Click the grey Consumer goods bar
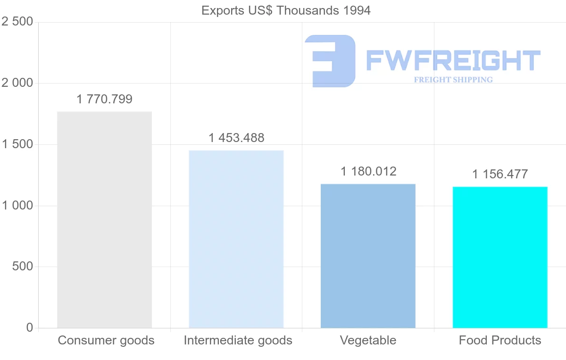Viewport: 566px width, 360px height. click(x=104, y=219)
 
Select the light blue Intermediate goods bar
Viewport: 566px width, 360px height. click(x=236, y=239)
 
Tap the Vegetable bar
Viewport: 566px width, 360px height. click(x=368, y=256)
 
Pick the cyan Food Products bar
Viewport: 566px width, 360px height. click(x=500, y=257)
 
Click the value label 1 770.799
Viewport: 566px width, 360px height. click(x=104, y=100)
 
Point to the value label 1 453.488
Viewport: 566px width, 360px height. click(x=236, y=138)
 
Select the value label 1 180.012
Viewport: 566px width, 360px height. click(x=368, y=171)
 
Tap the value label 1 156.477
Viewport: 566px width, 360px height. click(x=500, y=174)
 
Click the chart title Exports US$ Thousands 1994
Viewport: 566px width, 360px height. click(x=286, y=10)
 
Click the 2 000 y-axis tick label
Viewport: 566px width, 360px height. click(x=17, y=83)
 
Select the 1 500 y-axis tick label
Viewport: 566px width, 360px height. click(x=17, y=144)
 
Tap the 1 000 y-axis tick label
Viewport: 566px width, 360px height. click(x=17, y=206)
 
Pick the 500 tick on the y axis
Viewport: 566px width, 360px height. click(x=22, y=267)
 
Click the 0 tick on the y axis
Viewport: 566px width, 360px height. click(x=30, y=327)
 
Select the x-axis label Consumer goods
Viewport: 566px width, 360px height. click(x=106, y=340)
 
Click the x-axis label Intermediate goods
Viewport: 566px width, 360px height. click(x=238, y=340)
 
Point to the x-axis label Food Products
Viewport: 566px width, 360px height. click(x=500, y=340)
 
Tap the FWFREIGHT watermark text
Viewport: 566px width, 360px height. click(x=453, y=61)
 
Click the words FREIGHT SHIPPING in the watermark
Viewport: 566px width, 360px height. click(x=453, y=80)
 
